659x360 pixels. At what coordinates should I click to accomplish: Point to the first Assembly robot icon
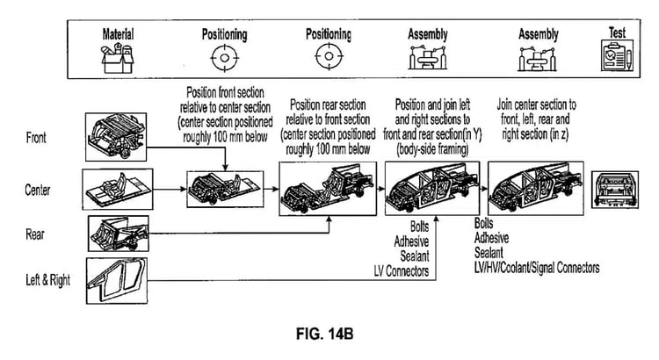pyautogui.click(x=427, y=59)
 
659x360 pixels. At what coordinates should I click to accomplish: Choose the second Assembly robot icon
pyautogui.click(x=538, y=59)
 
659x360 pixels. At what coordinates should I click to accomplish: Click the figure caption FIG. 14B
pyautogui.click(x=329, y=334)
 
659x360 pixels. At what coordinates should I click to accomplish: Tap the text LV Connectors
pyautogui.click(x=401, y=273)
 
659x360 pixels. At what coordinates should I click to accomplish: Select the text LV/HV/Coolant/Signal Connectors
pyautogui.click(x=537, y=267)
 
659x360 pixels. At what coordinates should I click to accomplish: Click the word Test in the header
pyautogui.click(x=618, y=32)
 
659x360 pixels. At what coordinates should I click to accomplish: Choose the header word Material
pyautogui.click(x=117, y=35)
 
